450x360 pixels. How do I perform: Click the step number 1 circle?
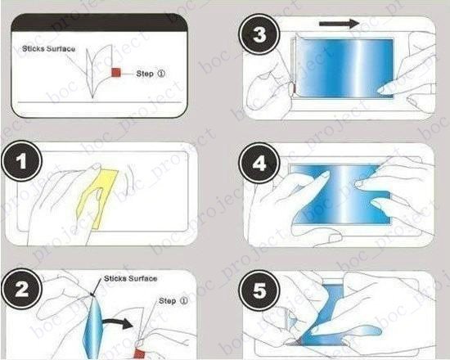[22, 161]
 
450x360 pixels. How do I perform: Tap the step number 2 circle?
[22, 289]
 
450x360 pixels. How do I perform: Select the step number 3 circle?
[259, 34]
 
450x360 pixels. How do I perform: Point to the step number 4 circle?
[259, 163]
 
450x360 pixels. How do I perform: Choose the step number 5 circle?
[259, 290]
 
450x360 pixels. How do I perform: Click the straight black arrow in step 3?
[339, 24]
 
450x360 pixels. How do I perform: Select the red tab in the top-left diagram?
[116, 72]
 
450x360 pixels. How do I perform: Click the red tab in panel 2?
[139, 353]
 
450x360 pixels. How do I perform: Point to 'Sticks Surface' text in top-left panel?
[49, 48]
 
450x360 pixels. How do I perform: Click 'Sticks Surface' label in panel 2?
[131, 278]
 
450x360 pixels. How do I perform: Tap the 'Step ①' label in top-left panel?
[151, 74]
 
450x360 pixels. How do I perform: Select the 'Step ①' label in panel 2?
[173, 301]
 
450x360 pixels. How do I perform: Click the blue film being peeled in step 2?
[92, 327]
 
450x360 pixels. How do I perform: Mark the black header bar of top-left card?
[99, 23]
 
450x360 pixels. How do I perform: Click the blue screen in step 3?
[344, 68]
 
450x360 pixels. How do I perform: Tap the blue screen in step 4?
[341, 196]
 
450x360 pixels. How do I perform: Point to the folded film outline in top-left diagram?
[97, 70]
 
